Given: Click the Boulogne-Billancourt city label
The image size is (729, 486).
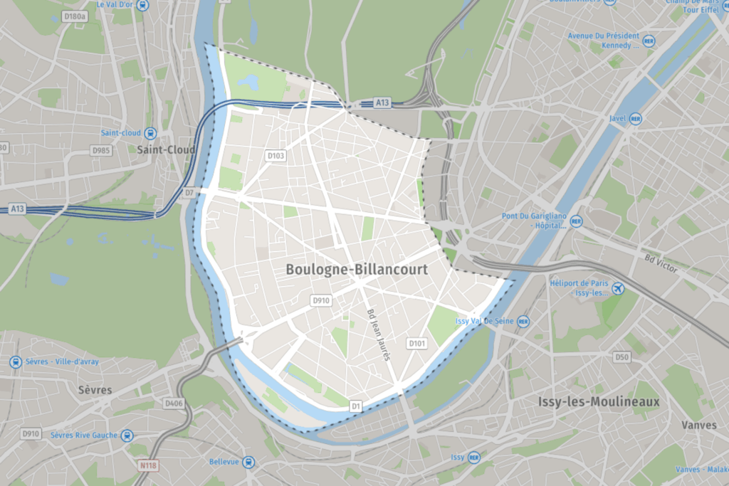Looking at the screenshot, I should (x=357, y=270).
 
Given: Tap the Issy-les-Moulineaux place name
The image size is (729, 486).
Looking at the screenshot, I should (x=599, y=402).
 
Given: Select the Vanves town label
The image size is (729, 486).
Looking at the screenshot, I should (x=698, y=425).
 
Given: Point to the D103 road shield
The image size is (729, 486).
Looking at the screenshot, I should (x=276, y=155).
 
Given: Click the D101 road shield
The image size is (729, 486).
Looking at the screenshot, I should (x=417, y=344).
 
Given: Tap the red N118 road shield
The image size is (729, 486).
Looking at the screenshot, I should (x=147, y=466).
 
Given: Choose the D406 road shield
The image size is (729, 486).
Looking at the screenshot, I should (x=174, y=403).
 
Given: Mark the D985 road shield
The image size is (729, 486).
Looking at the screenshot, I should (x=100, y=150).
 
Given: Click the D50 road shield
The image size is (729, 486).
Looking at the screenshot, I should (x=622, y=356).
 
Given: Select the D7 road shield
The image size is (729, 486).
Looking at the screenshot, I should (x=189, y=193).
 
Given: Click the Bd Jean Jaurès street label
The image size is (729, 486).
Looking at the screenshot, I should (x=379, y=334).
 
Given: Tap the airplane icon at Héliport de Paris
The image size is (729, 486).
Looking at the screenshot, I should (x=618, y=288).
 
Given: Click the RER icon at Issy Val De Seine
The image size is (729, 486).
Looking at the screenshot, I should (x=523, y=321).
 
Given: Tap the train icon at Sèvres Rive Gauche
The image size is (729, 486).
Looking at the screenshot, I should (x=127, y=435).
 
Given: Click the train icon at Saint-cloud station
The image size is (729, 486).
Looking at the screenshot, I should (x=150, y=132).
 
